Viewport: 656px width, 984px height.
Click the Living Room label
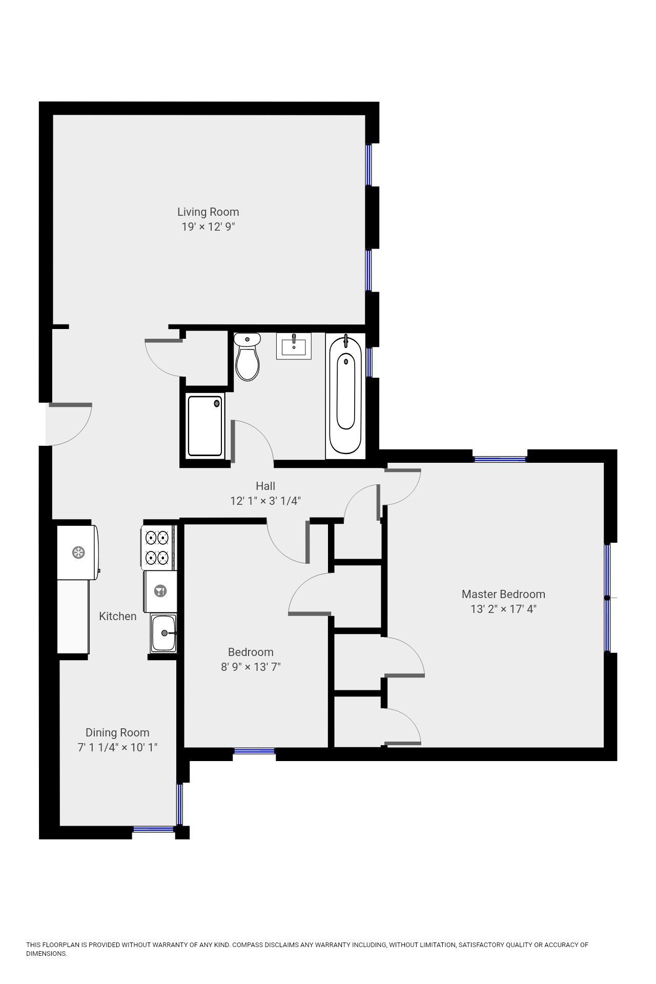[x=208, y=212]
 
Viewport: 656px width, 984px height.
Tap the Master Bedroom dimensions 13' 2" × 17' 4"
[x=503, y=609]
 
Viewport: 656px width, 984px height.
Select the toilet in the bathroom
[x=248, y=357]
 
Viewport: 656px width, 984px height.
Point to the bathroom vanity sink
[x=294, y=346]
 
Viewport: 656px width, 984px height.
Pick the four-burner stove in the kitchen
[x=157, y=547]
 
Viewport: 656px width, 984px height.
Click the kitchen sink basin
[x=163, y=633]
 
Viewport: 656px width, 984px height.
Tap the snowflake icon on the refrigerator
[x=78, y=552]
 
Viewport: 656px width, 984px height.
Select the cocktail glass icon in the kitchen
[x=160, y=591]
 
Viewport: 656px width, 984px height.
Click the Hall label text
[x=265, y=486]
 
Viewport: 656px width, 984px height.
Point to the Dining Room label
[x=117, y=733]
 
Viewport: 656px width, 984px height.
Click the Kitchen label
[x=118, y=616]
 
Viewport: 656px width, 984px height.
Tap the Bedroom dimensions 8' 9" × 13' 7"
[x=251, y=667]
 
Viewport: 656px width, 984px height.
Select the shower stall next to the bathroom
[x=205, y=426]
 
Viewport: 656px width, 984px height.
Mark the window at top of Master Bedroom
[x=500, y=459]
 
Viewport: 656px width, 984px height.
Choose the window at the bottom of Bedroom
[x=254, y=751]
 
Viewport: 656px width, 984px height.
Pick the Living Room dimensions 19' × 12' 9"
[x=208, y=227]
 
